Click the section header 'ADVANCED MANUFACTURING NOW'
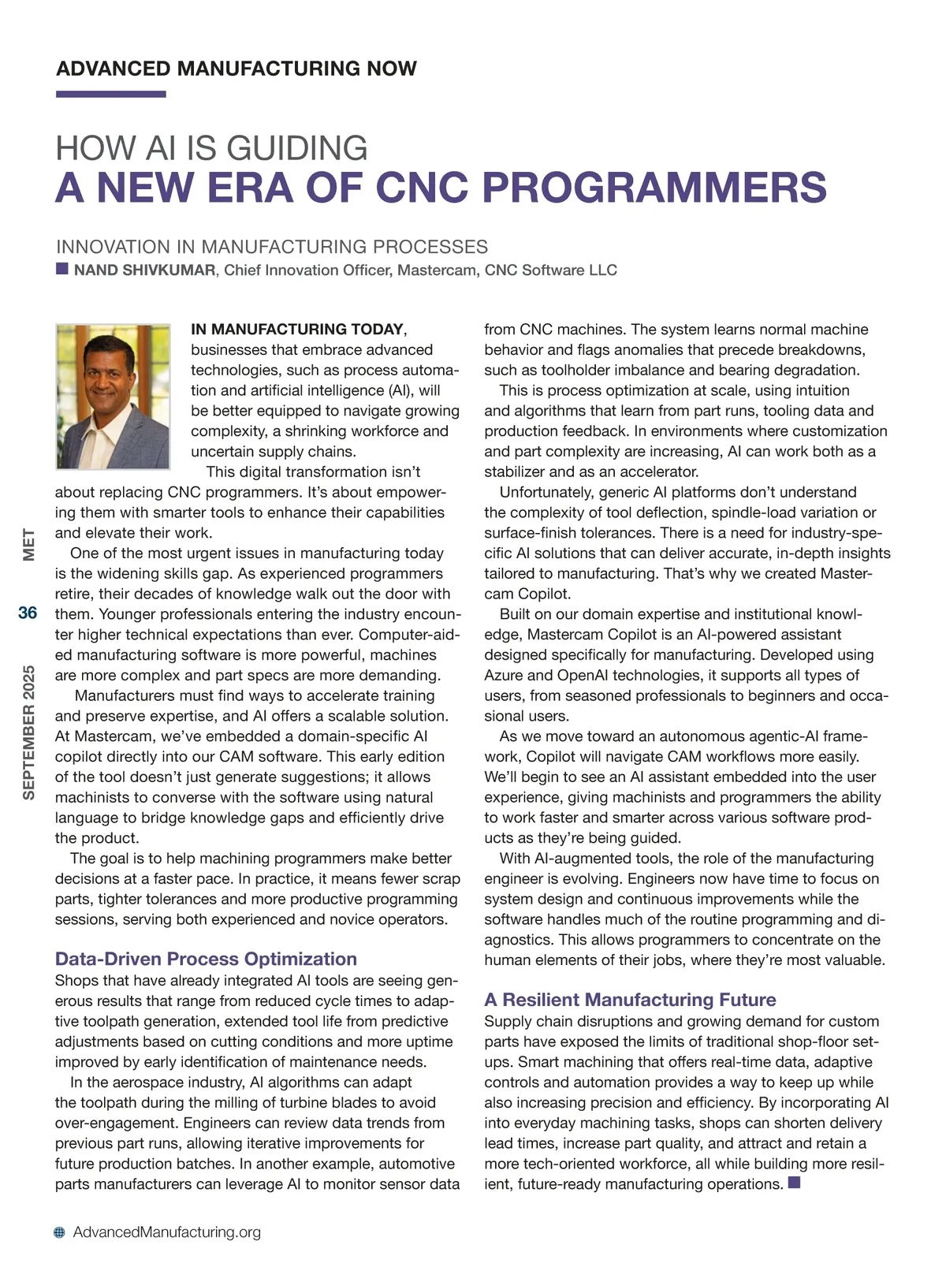pyautogui.click(x=236, y=69)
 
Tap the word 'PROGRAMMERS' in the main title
pyautogui.click(x=654, y=188)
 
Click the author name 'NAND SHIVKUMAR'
pyautogui.click(x=144, y=270)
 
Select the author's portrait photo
pyautogui.click(x=113, y=397)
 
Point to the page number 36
pyautogui.click(x=28, y=613)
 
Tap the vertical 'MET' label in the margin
pyautogui.click(x=28, y=545)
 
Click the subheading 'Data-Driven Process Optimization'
pyautogui.click(x=206, y=959)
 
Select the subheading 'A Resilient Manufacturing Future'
pyautogui.click(x=630, y=1000)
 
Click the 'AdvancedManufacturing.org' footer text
pyautogui.click(x=166, y=1232)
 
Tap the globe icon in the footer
pyautogui.click(x=60, y=1233)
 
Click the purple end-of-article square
pyautogui.click(x=794, y=1183)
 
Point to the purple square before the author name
pyautogui.click(x=62, y=269)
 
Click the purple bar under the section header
pyautogui.click(x=110, y=95)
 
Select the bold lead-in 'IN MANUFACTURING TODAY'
pyautogui.click(x=298, y=330)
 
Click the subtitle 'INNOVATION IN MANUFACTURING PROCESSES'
pyautogui.click(x=272, y=247)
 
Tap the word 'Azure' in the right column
pyautogui.click(x=503, y=675)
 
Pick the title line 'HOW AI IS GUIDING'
pyautogui.click(x=211, y=148)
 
